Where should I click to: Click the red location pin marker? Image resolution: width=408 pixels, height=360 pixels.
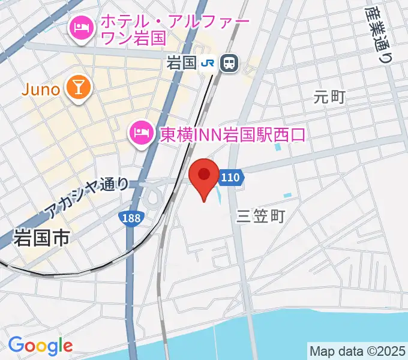tap(204, 177)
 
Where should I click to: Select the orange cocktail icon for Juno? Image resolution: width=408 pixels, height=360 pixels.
tap(78, 88)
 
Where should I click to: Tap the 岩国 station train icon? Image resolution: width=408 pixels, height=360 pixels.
tap(229, 63)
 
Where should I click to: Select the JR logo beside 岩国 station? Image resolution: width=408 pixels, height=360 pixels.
tap(208, 63)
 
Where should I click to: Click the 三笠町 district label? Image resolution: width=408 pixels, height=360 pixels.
tap(261, 216)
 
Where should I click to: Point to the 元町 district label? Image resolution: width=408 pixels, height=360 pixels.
tap(329, 96)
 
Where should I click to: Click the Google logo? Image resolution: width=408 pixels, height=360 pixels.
tap(40, 346)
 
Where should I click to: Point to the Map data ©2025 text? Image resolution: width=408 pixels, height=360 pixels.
tap(356, 350)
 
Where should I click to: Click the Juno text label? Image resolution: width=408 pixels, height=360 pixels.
tap(40, 90)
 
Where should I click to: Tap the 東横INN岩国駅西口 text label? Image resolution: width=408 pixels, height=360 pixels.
tap(233, 133)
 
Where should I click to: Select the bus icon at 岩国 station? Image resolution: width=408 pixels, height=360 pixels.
tap(229, 63)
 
